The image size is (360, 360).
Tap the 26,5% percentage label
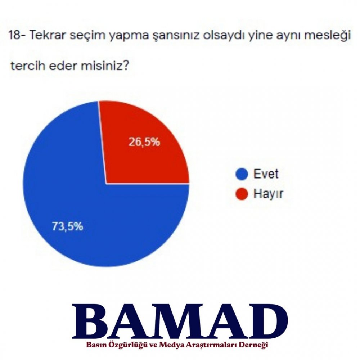tap(144, 142)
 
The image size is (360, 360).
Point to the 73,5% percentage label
tap(67, 226)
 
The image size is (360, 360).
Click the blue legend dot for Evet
tap(242, 174)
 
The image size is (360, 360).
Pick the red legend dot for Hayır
tap(242, 194)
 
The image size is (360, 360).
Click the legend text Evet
tap(266, 174)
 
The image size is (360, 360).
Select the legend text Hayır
tap(268, 194)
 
